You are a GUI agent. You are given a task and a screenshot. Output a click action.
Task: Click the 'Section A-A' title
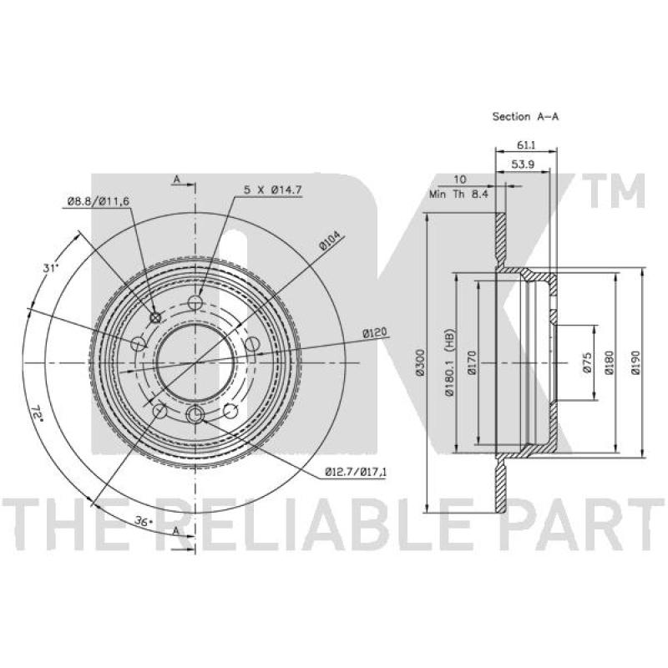click(x=525, y=116)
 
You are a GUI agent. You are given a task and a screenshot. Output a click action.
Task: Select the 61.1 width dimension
click(x=526, y=144)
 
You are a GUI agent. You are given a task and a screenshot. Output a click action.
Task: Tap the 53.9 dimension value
click(x=523, y=164)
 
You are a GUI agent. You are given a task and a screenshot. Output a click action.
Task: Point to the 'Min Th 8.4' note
click(x=458, y=195)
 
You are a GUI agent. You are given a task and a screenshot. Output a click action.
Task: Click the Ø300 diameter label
click(x=421, y=362)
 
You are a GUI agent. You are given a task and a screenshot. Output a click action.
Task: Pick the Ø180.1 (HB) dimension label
click(x=449, y=362)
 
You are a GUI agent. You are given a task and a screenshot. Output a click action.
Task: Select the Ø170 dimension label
click(x=471, y=362)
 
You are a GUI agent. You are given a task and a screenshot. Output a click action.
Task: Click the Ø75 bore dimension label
click(x=587, y=362)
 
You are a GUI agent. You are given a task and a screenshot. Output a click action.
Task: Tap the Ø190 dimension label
click(x=635, y=362)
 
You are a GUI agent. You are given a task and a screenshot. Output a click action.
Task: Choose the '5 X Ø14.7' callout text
click(x=273, y=190)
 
